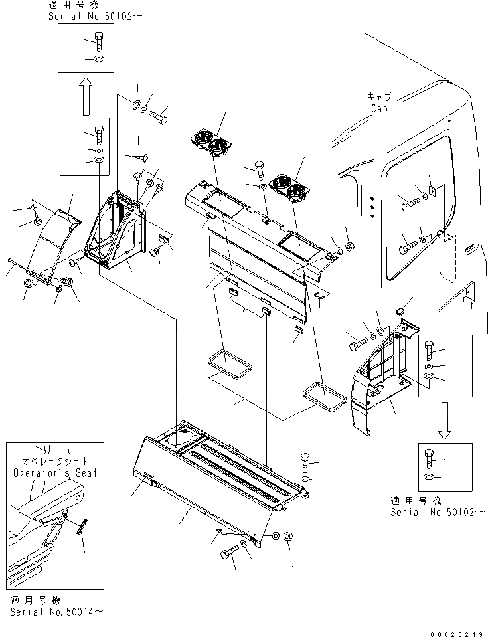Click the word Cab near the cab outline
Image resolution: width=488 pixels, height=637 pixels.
point(379,108)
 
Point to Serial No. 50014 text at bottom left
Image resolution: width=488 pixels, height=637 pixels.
point(56,611)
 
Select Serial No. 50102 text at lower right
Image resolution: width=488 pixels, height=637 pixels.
point(438,513)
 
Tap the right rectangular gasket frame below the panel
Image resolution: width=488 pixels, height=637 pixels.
point(325,395)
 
